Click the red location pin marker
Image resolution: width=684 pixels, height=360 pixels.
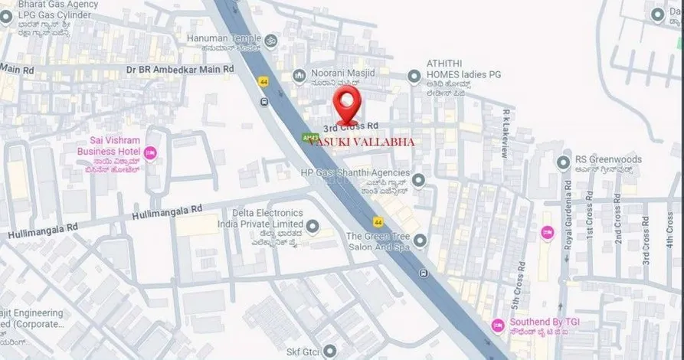tap(349, 106)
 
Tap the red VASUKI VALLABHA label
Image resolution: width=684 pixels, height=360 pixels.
tap(360, 142)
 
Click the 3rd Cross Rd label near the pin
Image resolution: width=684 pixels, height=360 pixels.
tap(351, 126)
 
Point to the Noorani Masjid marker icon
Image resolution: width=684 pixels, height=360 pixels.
tap(298, 75)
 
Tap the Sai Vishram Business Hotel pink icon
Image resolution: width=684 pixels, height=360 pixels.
tap(150, 153)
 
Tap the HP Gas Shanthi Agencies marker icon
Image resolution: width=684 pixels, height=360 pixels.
tap(418, 181)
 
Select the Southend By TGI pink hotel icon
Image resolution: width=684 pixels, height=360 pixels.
tap(497, 326)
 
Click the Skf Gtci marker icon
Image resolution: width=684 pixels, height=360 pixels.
tap(330, 351)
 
